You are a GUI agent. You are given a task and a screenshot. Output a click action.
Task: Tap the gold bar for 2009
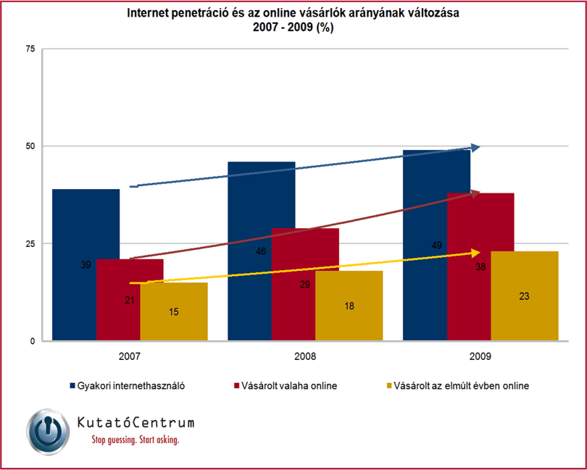(525, 295)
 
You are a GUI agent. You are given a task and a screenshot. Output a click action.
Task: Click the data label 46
(261, 251)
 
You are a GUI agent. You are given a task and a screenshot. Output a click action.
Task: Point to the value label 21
(130, 300)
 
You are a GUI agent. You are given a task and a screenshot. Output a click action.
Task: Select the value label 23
(524, 296)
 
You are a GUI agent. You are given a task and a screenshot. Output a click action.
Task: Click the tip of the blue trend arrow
(480, 148)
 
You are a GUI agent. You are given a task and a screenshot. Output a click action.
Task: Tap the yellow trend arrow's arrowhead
(480, 253)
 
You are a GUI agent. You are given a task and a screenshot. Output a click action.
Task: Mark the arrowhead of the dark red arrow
(480, 193)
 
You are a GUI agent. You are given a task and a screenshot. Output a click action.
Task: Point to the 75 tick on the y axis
(30, 49)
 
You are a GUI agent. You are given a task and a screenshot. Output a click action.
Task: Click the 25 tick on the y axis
(30, 243)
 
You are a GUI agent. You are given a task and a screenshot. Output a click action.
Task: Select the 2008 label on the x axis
(305, 356)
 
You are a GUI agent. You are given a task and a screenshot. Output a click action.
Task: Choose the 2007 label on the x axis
(130, 356)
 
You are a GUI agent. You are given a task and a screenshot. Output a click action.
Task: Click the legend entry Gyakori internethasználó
(128, 386)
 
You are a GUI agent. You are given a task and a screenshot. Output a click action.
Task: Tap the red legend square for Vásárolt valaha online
(236, 385)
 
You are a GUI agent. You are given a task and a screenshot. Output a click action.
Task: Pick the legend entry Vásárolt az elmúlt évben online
(457, 386)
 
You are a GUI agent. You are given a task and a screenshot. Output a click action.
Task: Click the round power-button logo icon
(48, 432)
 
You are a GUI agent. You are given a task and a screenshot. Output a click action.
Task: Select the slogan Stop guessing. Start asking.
(136, 440)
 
